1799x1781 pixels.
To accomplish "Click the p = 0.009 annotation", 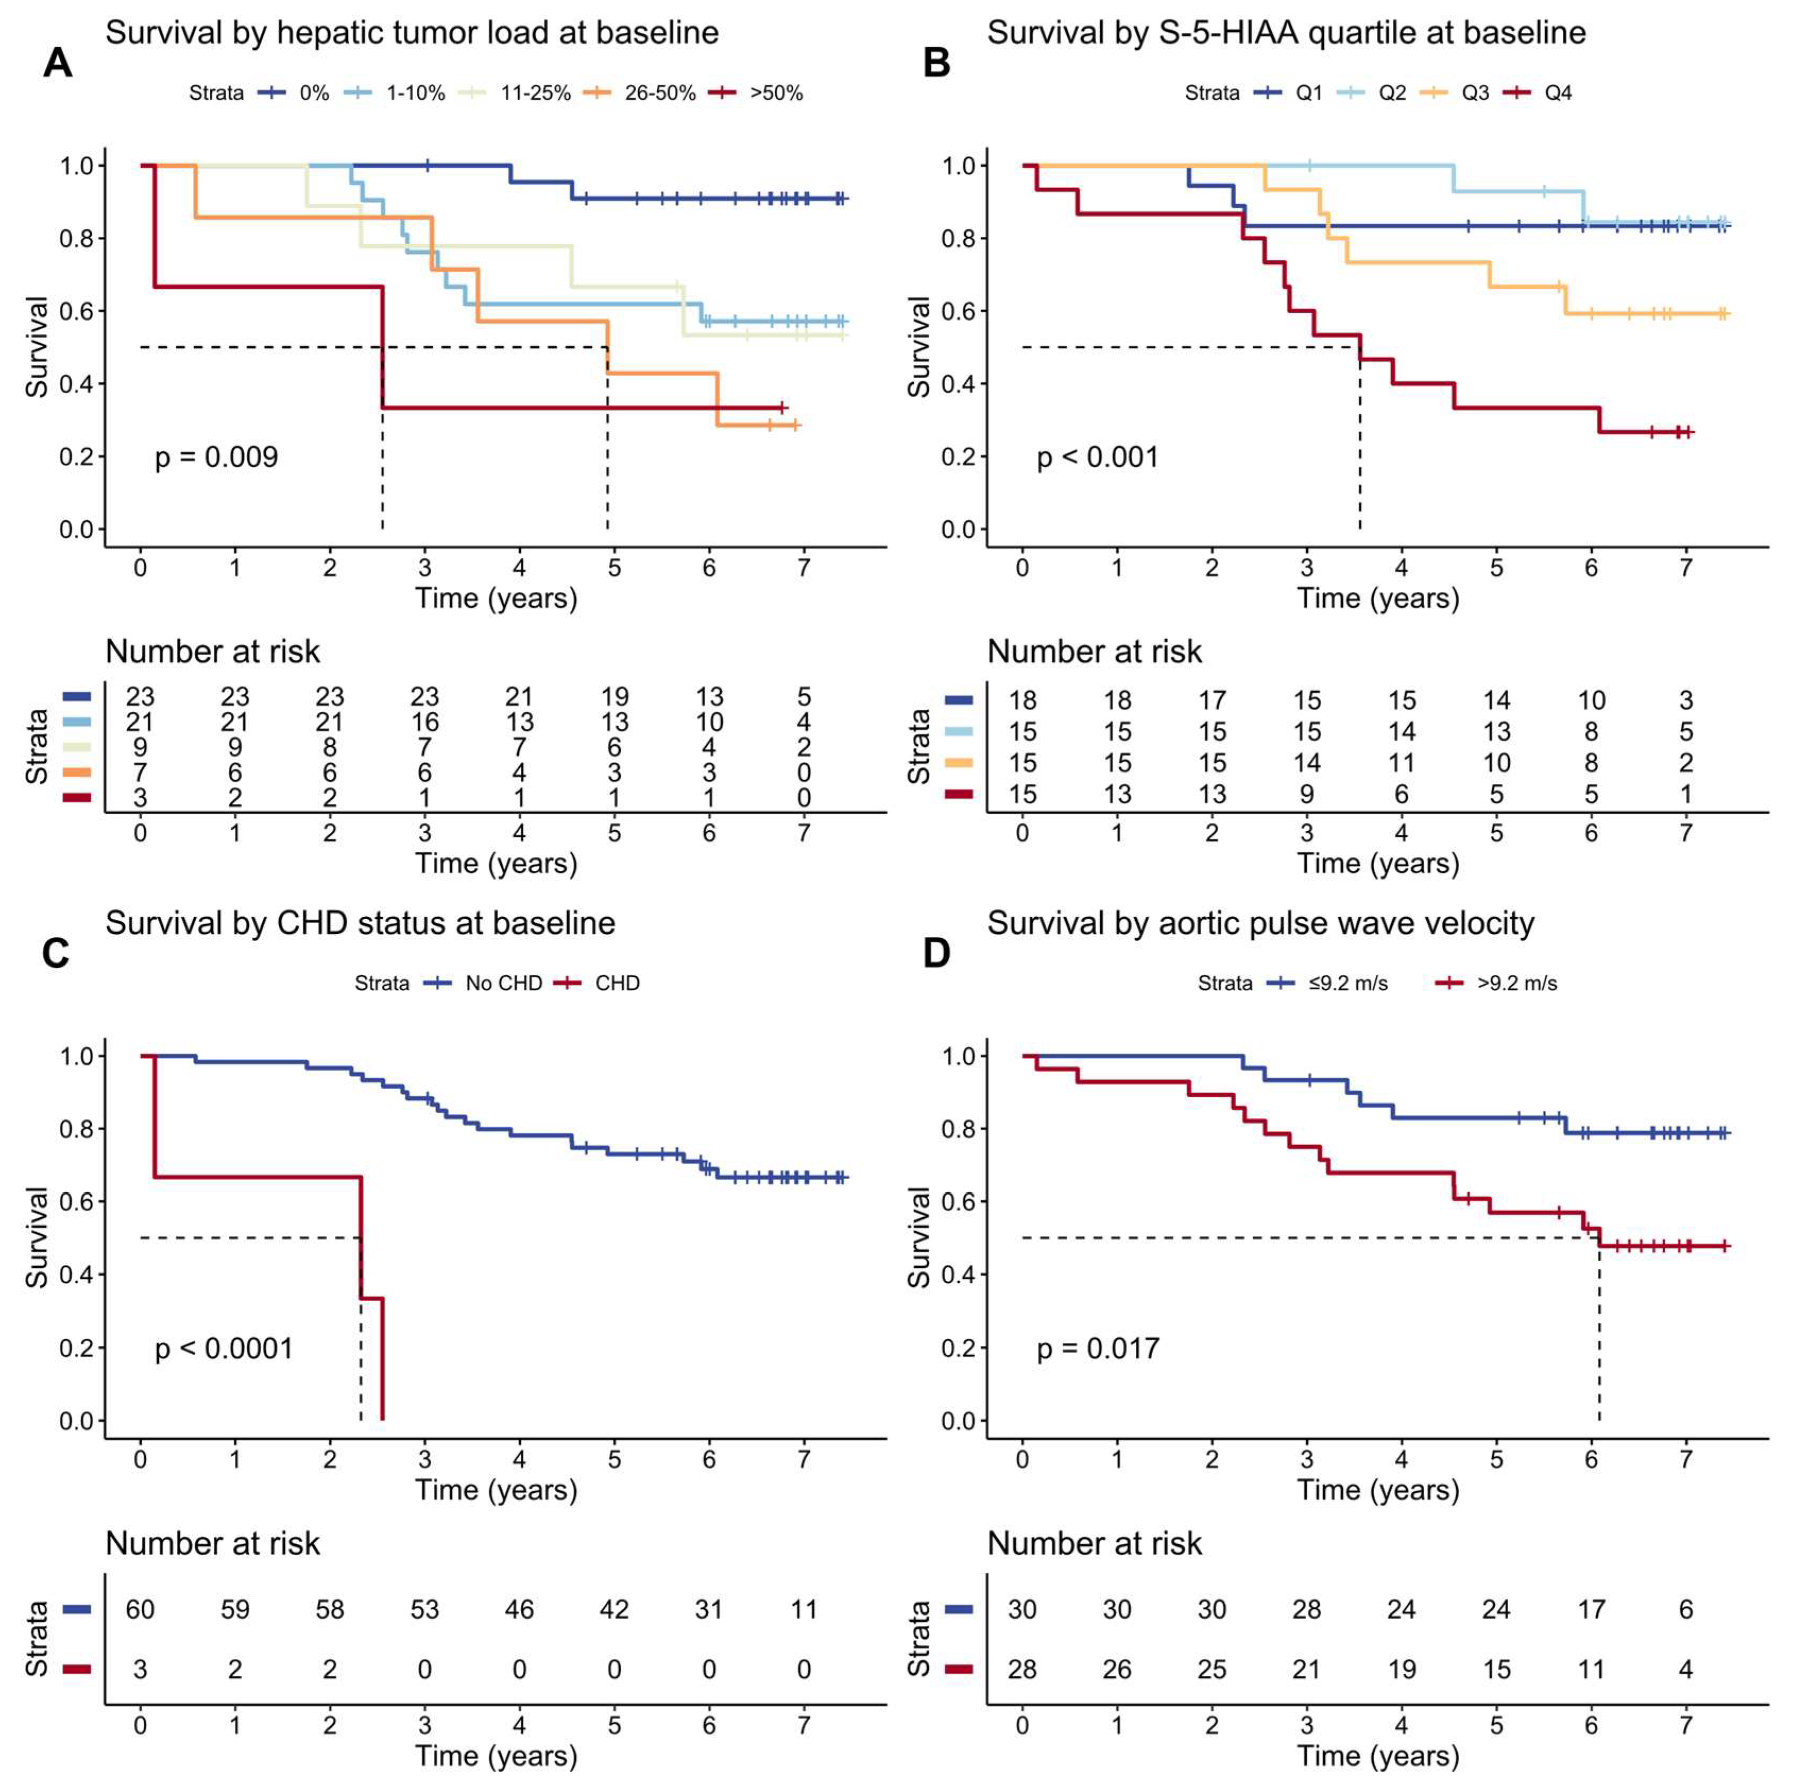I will click(216, 457).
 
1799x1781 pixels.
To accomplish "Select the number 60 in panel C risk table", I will click(141, 1609).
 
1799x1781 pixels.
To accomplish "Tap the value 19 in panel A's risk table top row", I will click(614, 696).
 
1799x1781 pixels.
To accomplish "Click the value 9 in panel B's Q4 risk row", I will click(1306, 794).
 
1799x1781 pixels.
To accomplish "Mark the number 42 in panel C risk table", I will click(614, 1609).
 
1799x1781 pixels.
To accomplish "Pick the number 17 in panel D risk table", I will click(1591, 1609).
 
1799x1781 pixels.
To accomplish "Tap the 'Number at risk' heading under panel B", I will click(1094, 652).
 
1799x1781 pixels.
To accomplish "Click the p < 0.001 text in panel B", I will click(1098, 457).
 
